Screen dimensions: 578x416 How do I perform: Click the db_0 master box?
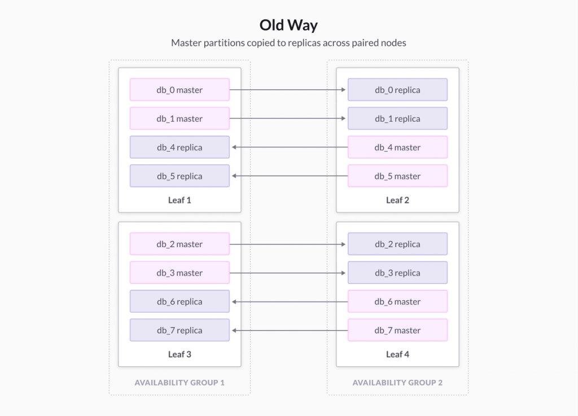pos(179,90)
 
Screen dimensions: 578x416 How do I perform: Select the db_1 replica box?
pos(397,119)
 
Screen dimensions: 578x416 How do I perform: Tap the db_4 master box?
pos(397,147)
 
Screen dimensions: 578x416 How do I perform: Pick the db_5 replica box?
pos(179,176)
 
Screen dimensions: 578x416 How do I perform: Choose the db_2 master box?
pos(179,244)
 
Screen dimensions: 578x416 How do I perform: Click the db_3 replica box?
pos(397,273)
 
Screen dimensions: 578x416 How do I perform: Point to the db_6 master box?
pos(397,301)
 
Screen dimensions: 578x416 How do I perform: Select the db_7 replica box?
pos(179,330)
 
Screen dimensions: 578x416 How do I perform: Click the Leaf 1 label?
pos(179,200)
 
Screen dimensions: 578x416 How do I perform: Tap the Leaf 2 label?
pos(397,200)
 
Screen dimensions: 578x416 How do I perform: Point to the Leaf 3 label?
pos(179,354)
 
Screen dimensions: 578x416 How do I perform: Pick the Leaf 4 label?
pos(397,354)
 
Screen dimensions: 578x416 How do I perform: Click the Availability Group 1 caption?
pos(179,383)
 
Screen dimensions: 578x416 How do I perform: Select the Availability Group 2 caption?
pos(397,383)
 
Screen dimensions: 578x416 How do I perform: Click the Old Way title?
pos(288,25)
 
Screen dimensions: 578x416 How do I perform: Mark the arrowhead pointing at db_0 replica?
pos(344,90)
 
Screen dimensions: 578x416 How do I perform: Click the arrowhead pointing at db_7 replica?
pos(234,330)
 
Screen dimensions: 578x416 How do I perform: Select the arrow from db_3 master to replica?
pos(287,273)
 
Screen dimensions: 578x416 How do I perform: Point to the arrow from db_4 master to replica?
pos(290,147)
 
